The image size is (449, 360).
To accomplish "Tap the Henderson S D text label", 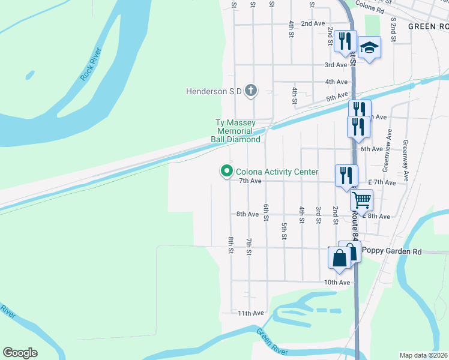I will click(213, 91).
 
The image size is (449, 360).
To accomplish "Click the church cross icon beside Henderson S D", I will click(250, 91).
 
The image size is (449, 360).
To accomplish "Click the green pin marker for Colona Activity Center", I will click(226, 172).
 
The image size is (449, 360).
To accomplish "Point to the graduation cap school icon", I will click(370, 48).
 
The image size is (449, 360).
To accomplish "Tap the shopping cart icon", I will click(361, 200).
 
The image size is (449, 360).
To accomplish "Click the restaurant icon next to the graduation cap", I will click(344, 41).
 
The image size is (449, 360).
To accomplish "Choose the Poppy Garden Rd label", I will click(388, 253).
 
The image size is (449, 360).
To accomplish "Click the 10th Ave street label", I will click(336, 282).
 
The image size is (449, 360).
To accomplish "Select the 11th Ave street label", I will click(251, 313).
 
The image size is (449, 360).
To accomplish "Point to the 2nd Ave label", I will click(313, 23).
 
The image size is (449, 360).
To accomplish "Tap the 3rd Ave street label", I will click(336, 65).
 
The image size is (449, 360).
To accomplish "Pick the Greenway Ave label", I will click(406, 153).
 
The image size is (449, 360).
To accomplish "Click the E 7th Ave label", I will click(382, 182).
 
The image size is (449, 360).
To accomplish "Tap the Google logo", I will click(20, 353).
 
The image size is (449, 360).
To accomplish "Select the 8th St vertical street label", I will click(231, 245).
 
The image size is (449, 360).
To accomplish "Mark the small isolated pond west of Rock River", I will click(29, 76).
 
